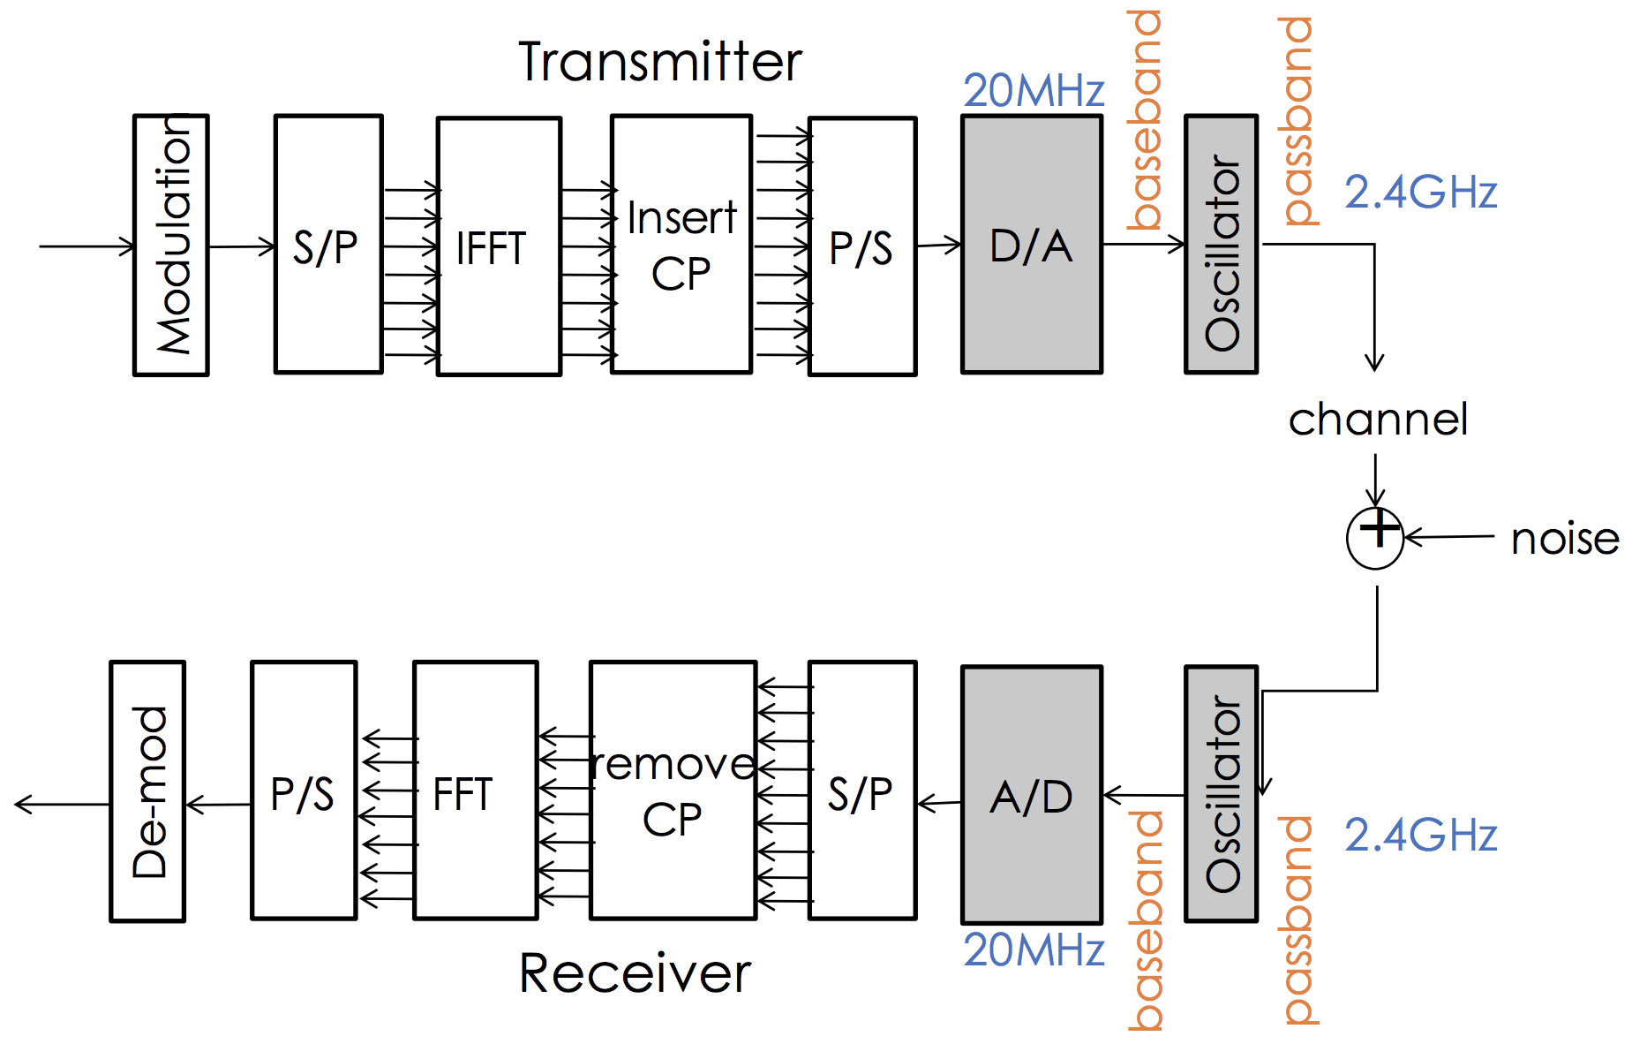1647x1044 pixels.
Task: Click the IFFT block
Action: coord(499,246)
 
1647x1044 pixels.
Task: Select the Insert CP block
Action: coord(681,245)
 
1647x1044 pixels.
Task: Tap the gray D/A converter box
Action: coord(1031,245)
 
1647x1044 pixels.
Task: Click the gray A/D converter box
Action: coord(1031,795)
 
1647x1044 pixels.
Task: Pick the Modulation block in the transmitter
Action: coord(171,245)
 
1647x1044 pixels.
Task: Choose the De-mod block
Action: coord(147,791)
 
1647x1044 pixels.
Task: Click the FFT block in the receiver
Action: coord(475,791)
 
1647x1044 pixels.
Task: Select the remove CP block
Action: coord(673,791)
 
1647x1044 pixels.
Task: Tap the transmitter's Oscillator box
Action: coord(1221,245)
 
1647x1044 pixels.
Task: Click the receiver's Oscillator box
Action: coord(1221,793)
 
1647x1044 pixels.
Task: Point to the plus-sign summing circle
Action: coord(1374,537)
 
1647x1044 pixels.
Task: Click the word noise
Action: coord(1564,539)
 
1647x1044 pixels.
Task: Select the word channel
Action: coord(1377,420)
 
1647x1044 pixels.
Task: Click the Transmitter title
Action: coord(659,62)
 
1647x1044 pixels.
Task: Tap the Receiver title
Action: coord(635,973)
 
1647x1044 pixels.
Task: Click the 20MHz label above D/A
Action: coord(1034,91)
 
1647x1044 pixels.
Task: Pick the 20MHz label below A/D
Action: coord(1034,950)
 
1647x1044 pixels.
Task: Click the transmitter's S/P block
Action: coord(327,245)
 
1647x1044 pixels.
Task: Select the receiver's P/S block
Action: coord(304,791)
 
